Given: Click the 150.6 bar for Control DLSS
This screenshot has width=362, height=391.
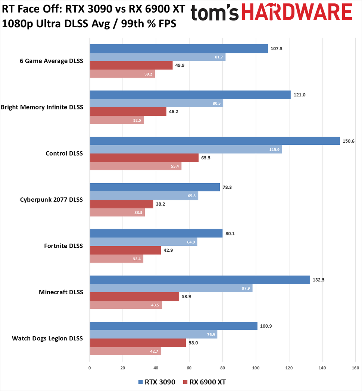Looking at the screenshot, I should [x=215, y=141].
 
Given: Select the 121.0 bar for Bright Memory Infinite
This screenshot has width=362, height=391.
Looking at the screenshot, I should [x=190, y=95].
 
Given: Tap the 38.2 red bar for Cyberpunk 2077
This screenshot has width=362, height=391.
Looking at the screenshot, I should [x=121, y=204].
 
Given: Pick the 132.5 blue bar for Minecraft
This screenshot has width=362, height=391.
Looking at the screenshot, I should [x=200, y=280].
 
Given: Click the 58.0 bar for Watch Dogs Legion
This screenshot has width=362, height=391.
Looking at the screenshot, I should [x=138, y=343].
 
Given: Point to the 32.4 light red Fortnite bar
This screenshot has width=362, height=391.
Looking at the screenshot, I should [x=116, y=258].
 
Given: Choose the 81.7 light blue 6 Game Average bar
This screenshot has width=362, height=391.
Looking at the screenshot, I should [x=157, y=57].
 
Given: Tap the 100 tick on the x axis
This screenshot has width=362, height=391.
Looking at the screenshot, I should [x=256, y=368].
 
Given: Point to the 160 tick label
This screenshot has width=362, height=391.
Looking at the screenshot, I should [x=355, y=368].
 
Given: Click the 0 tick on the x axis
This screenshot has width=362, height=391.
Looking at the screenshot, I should [x=90, y=368].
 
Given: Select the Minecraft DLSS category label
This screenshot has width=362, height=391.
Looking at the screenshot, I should [x=61, y=292].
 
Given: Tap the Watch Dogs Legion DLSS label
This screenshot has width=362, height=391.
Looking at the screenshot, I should [x=47, y=338].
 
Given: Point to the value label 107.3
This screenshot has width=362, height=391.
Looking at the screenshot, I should [x=277, y=49].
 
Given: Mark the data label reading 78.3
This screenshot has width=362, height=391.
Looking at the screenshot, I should [x=227, y=187].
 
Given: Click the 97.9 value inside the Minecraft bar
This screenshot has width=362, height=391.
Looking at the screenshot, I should [x=246, y=288].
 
